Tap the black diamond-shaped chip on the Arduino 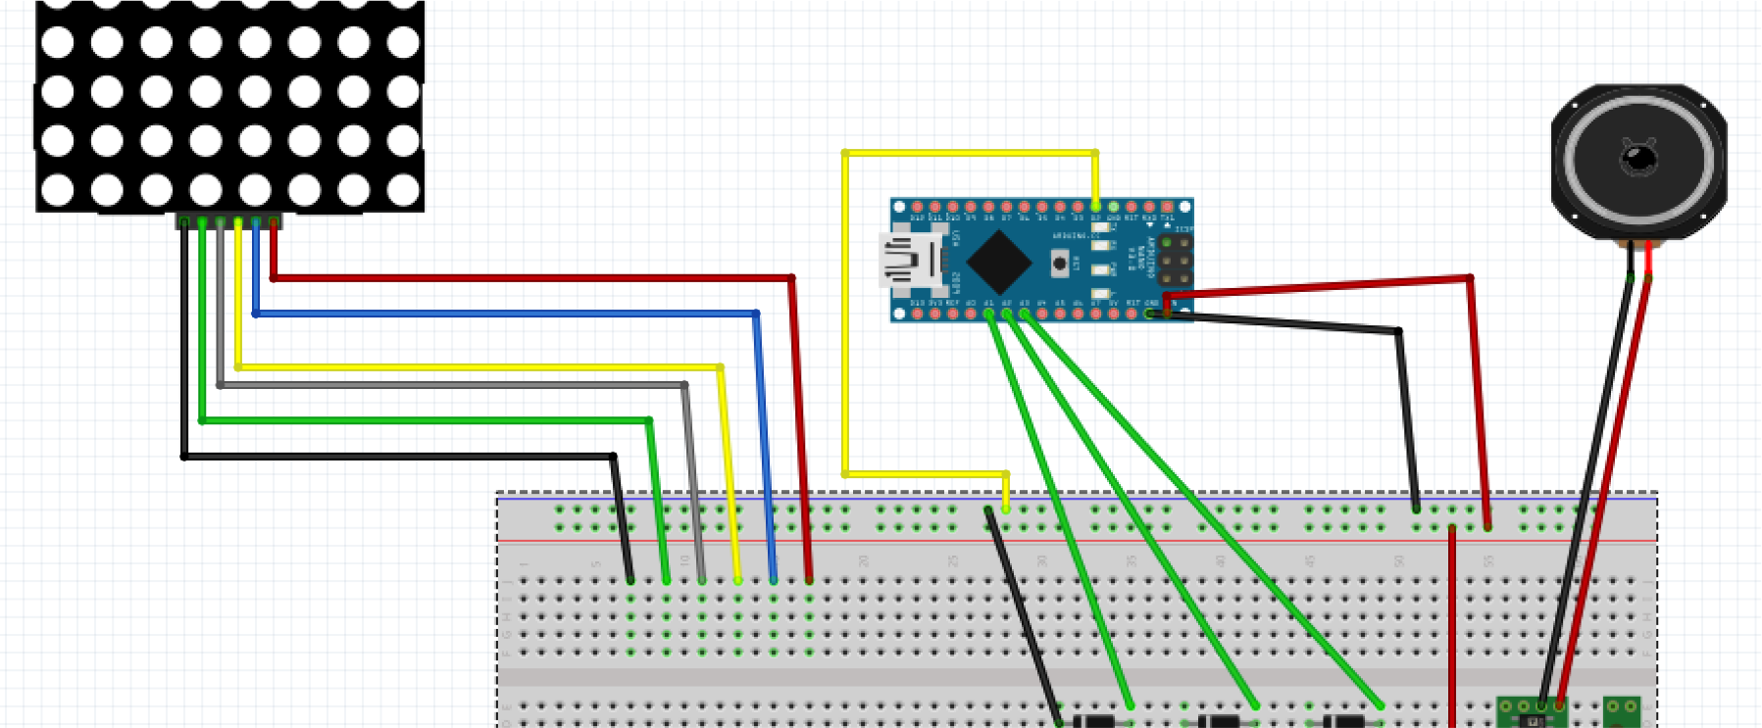[x=998, y=261]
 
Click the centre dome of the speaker [x=1637, y=157]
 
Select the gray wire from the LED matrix [x=451, y=385]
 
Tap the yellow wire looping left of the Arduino [x=844, y=314]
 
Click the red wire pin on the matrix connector [x=274, y=223]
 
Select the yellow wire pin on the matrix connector [x=238, y=223]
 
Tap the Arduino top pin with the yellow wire [x=1095, y=207]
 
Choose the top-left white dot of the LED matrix [x=58, y=42]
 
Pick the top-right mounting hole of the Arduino [x=1185, y=207]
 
